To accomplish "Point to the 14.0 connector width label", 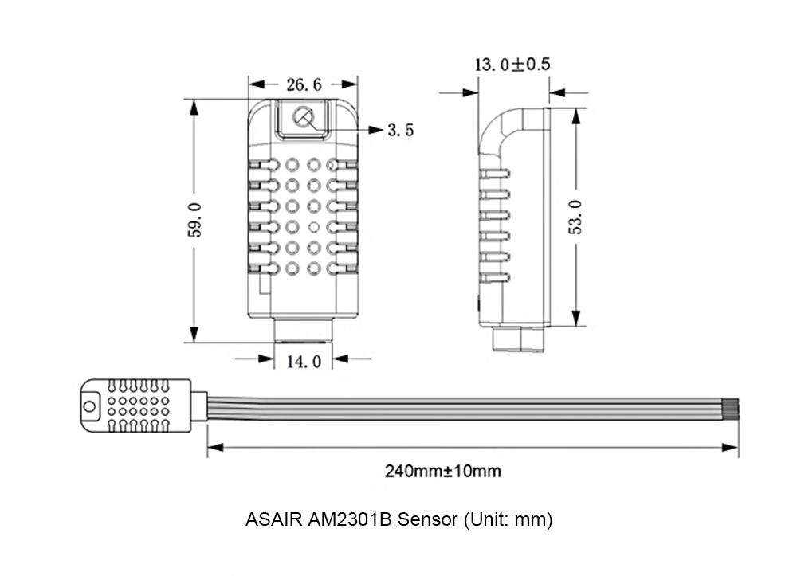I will point(303,362).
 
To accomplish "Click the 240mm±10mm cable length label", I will point(443,471).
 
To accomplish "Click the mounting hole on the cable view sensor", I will point(89,406).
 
